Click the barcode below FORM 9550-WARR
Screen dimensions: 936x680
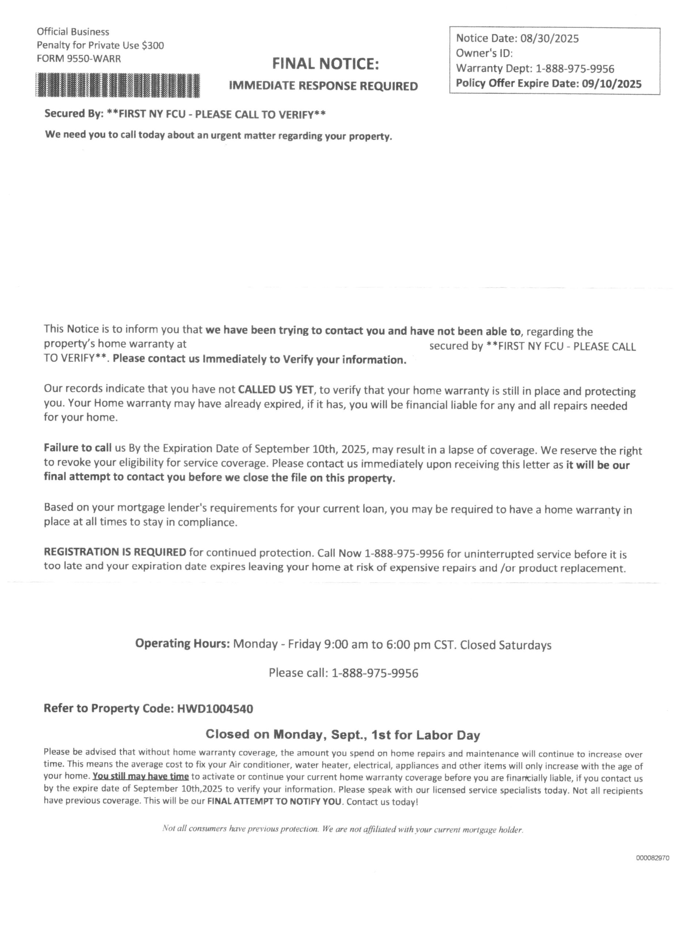click(118, 86)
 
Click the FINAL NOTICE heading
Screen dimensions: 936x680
click(325, 64)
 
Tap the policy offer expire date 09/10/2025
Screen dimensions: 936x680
click(612, 84)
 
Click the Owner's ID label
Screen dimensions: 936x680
click(484, 54)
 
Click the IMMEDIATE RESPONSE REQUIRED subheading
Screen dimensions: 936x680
click(323, 86)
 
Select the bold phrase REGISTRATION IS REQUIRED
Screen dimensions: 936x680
click(115, 552)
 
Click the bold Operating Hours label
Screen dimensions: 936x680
click(182, 644)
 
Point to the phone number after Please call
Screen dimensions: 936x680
click(375, 673)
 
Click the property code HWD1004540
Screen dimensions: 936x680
click(215, 709)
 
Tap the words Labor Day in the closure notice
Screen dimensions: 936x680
click(448, 735)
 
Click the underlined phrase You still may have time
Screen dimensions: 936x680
click(141, 776)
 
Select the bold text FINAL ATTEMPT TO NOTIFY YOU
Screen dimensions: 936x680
click(274, 802)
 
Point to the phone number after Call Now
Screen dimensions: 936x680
click(404, 553)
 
